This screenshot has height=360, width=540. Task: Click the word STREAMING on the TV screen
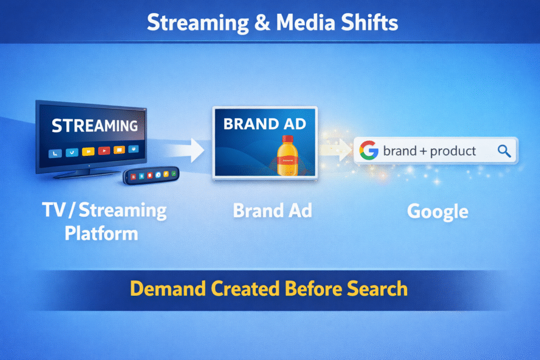click(x=95, y=127)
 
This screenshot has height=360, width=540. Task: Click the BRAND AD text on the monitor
click(x=265, y=124)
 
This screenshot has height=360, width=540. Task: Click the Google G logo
click(x=369, y=151)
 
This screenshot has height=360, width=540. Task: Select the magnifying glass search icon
click(x=504, y=151)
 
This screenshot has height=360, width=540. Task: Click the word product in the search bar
click(x=453, y=152)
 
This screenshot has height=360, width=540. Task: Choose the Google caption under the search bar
click(x=437, y=211)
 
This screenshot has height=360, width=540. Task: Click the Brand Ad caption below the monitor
click(x=272, y=211)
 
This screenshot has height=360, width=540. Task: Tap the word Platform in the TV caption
click(x=101, y=232)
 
